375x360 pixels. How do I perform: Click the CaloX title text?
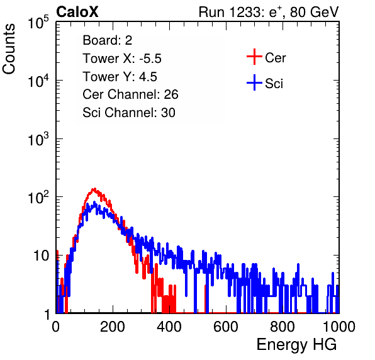tap(77, 12)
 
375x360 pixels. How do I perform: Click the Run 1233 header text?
tap(269, 12)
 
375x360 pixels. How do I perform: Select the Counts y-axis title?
tap(9, 49)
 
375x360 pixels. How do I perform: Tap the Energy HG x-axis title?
tap(296, 345)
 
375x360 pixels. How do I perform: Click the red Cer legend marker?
tap(254, 57)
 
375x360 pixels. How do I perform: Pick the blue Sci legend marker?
tap(254, 83)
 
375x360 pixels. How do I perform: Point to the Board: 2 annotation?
tap(108, 40)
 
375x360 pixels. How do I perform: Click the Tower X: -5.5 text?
tap(122, 59)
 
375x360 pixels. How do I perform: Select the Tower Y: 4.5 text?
tap(120, 77)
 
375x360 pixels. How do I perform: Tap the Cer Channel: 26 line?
tap(130, 94)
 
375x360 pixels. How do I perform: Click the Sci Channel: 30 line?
tap(129, 113)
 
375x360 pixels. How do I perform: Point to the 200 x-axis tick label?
tap(113, 327)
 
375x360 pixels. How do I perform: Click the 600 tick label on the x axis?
tap(226, 327)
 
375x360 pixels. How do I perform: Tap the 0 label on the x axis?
tap(56, 327)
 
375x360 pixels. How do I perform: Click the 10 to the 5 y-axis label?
tap(38, 23)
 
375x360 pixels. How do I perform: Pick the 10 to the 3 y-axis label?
tap(38, 139)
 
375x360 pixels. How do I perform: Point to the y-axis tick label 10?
tap(41, 256)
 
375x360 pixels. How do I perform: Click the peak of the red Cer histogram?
tap(94, 189)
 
